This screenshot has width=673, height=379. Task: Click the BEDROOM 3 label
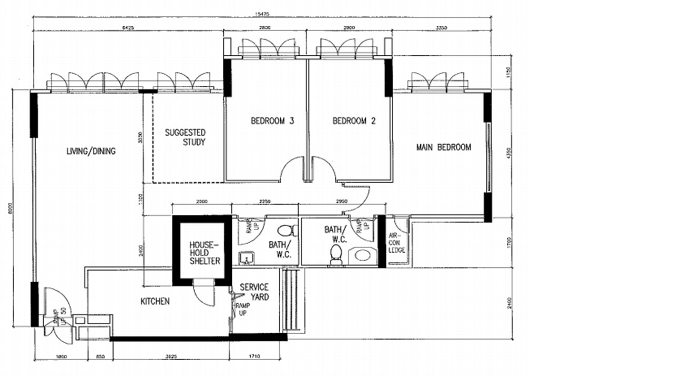pyautogui.click(x=272, y=121)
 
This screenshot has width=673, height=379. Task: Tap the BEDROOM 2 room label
pyautogui.click(x=354, y=121)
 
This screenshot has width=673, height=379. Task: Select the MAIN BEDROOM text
pyautogui.click(x=443, y=147)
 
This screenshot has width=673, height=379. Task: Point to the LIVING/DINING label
pyautogui.click(x=91, y=151)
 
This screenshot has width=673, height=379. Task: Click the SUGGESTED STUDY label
pyautogui.click(x=185, y=137)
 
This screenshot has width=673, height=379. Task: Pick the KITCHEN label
pyautogui.click(x=155, y=302)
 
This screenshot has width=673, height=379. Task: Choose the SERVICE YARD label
pyautogui.click(x=254, y=292)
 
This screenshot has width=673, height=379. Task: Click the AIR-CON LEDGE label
pyautogui.click(x=396, y=243)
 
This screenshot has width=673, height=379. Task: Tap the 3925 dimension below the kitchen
pyautogui.click(x=171, y=357)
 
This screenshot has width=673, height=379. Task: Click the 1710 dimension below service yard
pyautogui.click(x=258, y=357)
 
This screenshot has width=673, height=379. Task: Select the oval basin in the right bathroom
pyautogui.click(x=362, y=256)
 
